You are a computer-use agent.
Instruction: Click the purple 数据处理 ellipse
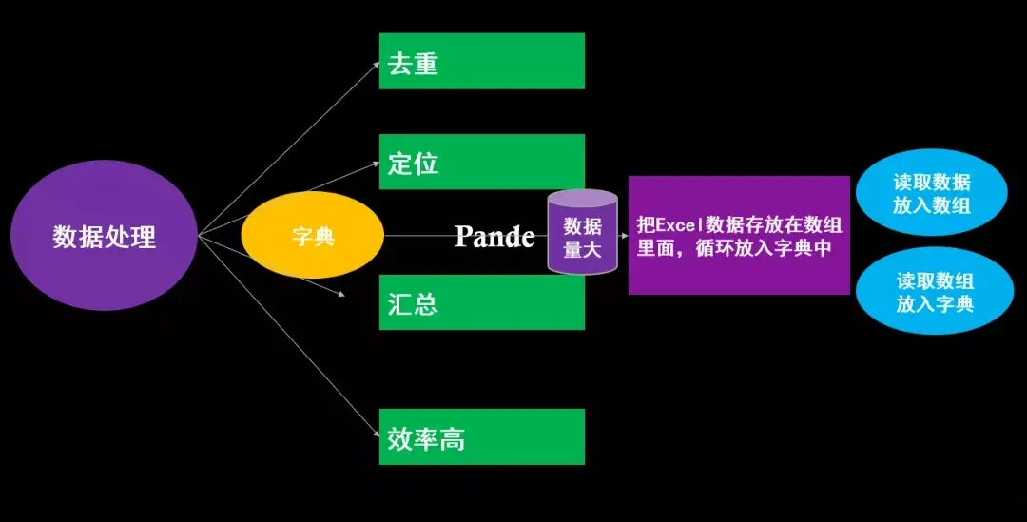[104, 236]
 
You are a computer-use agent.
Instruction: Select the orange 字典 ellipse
[312, 235]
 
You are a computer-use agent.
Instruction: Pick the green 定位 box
[481, 162]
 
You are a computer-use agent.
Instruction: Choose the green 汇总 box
[481, 302]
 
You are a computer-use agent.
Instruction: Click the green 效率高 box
[481, 436]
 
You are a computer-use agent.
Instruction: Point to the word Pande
[494, 236]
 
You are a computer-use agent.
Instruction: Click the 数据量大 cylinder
[582, 234]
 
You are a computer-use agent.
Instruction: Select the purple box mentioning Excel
[739, 235]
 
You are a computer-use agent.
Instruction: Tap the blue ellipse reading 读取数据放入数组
[931, 194]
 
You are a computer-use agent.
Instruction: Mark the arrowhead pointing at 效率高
[374, 435]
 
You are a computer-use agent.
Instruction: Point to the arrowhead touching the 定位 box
[374, 164]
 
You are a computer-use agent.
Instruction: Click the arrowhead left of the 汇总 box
[339, 292]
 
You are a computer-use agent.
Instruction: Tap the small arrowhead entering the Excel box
[623, 236]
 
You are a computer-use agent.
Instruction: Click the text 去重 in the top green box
[413, 63]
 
